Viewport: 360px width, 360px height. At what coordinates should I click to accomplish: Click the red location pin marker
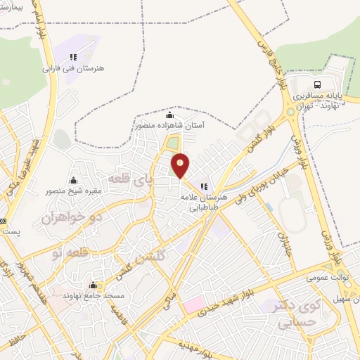(x=181, y=165)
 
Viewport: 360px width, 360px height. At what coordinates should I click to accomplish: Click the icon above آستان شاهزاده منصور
(x=169, y=115)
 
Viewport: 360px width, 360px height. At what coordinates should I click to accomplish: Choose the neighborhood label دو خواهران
(x=72, y=217)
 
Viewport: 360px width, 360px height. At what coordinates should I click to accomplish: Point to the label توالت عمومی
(x=326, y=278)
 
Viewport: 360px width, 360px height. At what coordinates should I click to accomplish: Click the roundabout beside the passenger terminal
(x=290, y=111)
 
